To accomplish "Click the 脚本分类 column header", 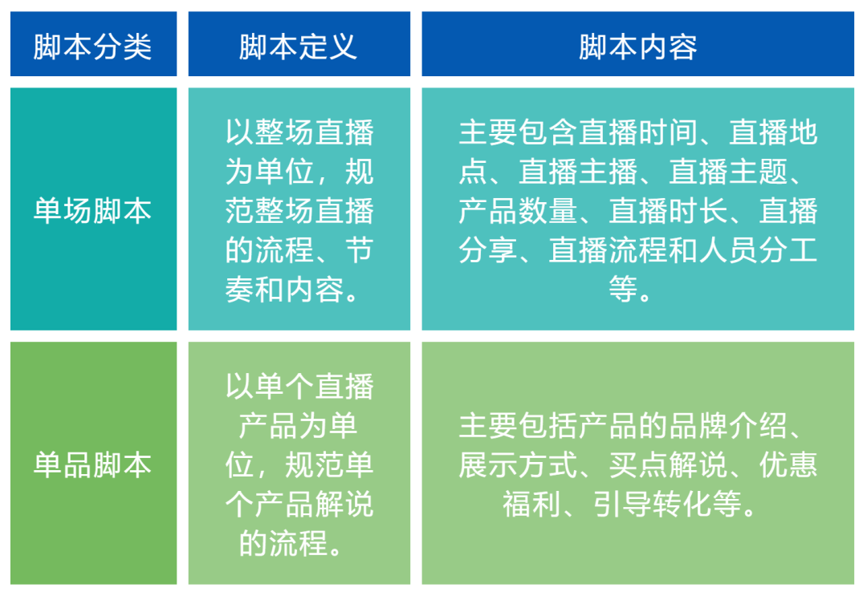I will click(93, 47).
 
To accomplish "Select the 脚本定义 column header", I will click(299, 47).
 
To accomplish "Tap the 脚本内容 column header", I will click(637, 47).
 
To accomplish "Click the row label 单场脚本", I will click(93, 211).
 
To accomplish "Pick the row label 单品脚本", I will click(93, 465).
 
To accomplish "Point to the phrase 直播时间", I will click(637, 132).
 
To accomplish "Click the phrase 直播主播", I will click(578, 172).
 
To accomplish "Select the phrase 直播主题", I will click(727, 172).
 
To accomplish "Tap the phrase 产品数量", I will click(518, 211).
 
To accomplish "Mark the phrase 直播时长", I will click(668, 211).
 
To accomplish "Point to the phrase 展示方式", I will click(518, 465).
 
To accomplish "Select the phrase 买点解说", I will click(668, 465).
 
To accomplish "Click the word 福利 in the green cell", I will click(531, 505).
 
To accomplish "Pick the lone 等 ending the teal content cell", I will click(623, 289).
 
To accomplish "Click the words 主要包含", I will click(518, 132).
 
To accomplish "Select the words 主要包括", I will click(518, 426).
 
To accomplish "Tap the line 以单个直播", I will click(299, 387).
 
